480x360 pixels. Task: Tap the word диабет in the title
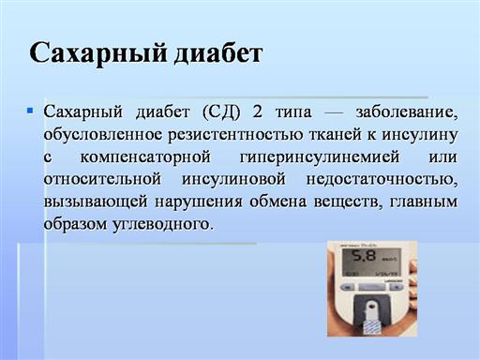pos(217,53)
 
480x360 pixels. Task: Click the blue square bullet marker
pos(30,110)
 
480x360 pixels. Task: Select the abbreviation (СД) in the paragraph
pos(221,112)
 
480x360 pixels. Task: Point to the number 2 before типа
pos(257,112)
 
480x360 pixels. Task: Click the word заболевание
pos(407,112)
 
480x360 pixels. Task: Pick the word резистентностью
pos(235,135)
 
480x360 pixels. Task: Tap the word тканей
pos(336,135)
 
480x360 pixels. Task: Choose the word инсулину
pos(420,135)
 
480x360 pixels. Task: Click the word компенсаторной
pos(145,157)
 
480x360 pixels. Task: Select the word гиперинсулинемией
pos(320,157)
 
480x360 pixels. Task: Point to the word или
pos(442,157)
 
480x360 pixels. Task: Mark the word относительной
pos(102,179)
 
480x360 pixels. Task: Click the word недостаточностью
pos(382,180)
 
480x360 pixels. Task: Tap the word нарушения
pos(199,202)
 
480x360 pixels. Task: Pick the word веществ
pos(348,202)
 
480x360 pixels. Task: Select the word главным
pos(424,202)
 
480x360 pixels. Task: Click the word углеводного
pos(162,224)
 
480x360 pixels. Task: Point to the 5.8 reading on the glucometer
pos(364,256)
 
